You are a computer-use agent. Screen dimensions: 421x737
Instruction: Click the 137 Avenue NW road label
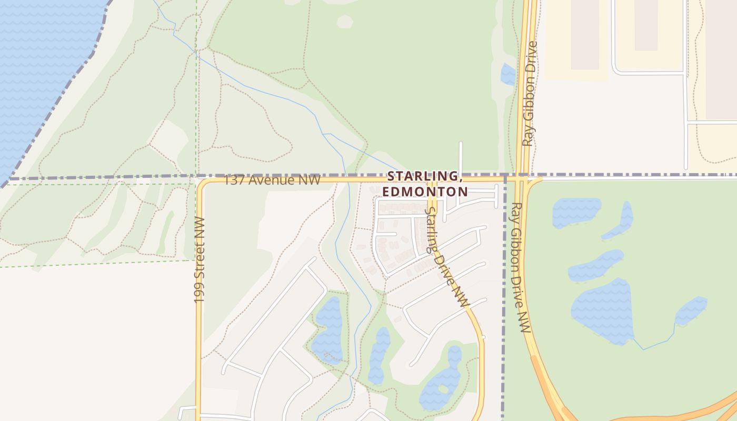272,180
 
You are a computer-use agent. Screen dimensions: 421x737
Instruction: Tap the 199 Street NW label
199,260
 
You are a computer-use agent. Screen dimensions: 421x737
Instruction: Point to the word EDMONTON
425,192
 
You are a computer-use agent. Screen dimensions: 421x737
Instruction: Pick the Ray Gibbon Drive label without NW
530,94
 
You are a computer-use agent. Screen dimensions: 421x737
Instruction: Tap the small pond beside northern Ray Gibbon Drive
508,74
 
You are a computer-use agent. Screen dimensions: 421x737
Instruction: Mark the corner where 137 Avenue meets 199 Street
200,181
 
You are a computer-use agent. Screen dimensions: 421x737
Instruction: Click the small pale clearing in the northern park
344,21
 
